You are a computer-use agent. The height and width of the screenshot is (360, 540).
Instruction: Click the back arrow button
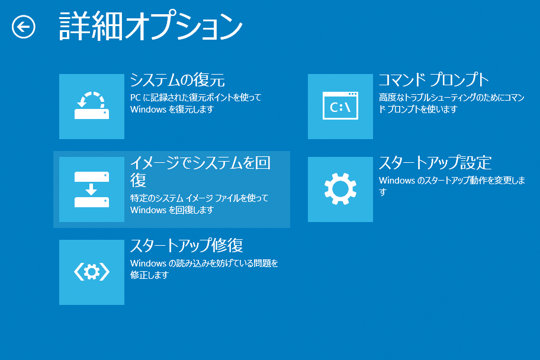pyautogui.click(x=24, y=27)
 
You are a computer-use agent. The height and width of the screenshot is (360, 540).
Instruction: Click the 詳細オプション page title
pyautogui.click(x=151, y=26)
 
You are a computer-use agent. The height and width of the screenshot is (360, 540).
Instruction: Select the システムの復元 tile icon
pyautogui.click(x=92, y=107)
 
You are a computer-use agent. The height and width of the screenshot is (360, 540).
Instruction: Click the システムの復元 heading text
pyautogui.click(x=178, y=81)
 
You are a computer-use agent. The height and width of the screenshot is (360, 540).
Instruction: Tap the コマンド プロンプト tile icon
pyautogui.click(x=340, y=107)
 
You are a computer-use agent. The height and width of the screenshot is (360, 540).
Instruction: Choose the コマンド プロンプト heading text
pyautogui.click(x=433, y=80)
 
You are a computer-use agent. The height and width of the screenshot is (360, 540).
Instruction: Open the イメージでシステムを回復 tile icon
pyautogui.click(x=92, y=189)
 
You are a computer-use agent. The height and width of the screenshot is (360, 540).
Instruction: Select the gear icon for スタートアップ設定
pyautogui.click(x=340, y=189)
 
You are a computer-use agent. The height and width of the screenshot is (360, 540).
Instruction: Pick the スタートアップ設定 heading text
pyautogui.click(x=435, y=163)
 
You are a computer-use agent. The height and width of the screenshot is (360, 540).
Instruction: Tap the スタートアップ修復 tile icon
pyautogui.click(x=92, y=272)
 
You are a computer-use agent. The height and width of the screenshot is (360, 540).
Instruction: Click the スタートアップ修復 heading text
pyautogui.click(x=187, y=246)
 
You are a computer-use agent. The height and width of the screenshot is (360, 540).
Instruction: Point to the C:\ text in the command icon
pyautogui.click(x=340, y=108)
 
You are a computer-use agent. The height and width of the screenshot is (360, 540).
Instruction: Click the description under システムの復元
pyautogui.click(x=195, y=104)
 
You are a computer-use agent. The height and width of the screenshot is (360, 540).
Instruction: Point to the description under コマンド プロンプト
pyautogui.click(x=452, y=104)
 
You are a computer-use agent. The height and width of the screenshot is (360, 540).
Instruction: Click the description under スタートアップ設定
pyautogui.click(x=452, y=186)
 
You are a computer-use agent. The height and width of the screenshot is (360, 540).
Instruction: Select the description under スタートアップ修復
pyautogui.click(x=204, y=269)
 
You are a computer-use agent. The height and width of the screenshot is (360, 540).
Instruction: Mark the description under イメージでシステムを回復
pyautogui.click(x=199, y=204)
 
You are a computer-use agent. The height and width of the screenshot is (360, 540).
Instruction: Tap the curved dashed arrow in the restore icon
pyautogui.click(x=91, y=99)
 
